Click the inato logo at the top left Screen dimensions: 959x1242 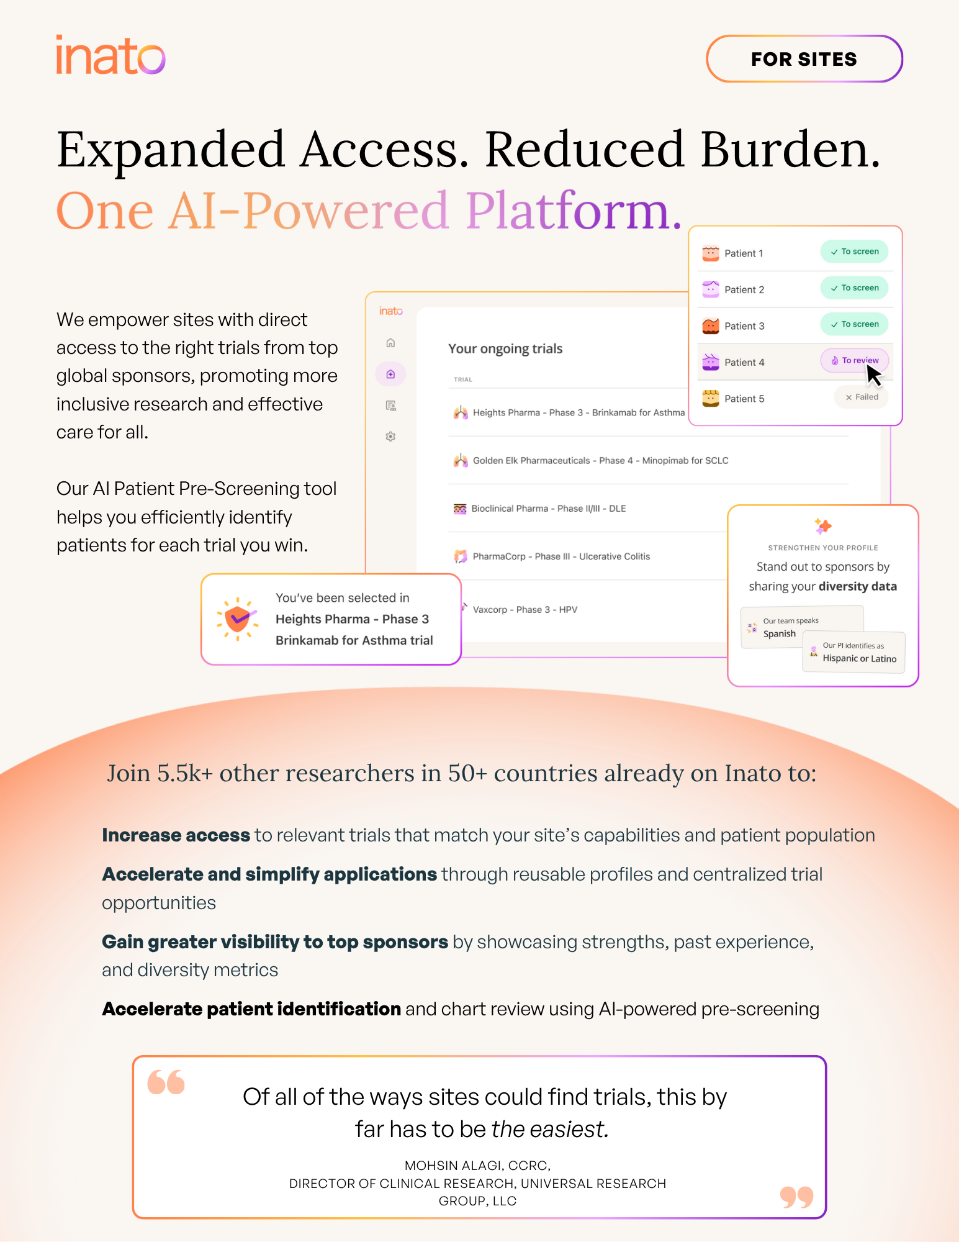coord(110,55)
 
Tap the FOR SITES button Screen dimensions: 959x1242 coord(804,59)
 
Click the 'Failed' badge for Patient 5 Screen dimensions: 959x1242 coord(862,397)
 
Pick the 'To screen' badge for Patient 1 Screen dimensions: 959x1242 coord(855,252)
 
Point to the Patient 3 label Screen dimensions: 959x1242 coord(744,326)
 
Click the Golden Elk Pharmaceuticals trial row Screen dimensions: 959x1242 coord(600,460)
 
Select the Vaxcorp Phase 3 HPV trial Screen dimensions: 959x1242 coord(525,610)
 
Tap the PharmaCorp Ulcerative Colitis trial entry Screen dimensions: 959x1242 coord(561,556)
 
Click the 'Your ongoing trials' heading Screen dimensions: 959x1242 coord(505,349)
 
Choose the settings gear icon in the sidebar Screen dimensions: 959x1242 coord(390,437)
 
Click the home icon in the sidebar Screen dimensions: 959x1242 coord(390,343)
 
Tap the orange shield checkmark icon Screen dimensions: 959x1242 coord(237,619)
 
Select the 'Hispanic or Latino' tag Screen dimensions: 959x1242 coord(859,658)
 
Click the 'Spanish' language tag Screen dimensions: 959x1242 coord(779,633)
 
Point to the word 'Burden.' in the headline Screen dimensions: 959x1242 coord(790,150)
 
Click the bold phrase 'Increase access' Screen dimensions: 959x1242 coord(176,835)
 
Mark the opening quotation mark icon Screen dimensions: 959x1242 coord(166,1082)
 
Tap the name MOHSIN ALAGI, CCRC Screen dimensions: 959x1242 coord(477,1166)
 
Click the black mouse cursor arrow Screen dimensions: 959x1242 coord(873,375)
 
